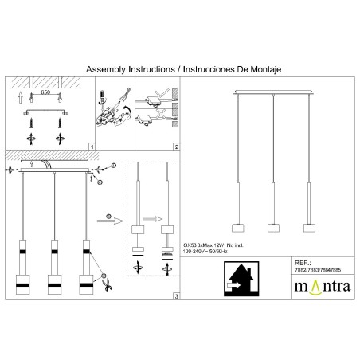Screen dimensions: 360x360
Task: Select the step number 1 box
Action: click(92, 147)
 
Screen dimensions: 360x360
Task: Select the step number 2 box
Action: click(175, 147)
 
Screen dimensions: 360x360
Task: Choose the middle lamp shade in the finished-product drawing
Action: click(273, 227)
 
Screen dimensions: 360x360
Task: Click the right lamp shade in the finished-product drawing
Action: click(308, 227)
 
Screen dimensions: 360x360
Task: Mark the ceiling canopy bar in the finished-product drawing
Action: click(273, 92)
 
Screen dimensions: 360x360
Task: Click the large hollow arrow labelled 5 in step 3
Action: click(110, 217)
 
